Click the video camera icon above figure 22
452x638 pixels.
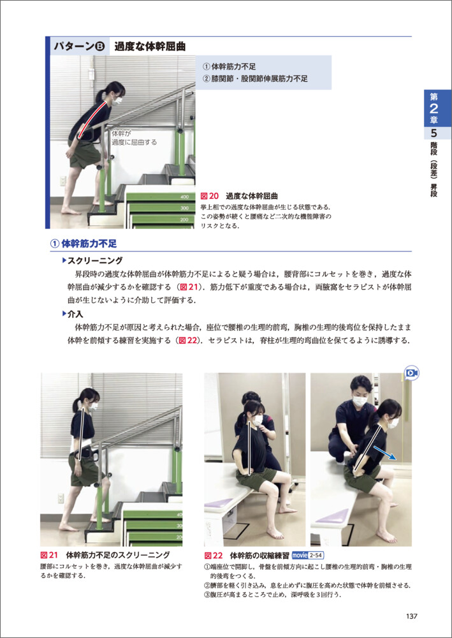click(x=412, y=373)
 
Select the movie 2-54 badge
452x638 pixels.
click(x=309, y=556)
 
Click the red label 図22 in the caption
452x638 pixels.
click(x=214, y=556)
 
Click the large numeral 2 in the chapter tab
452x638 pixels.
click(x=434, y=108)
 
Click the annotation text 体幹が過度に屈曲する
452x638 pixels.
click(x=134, y=138)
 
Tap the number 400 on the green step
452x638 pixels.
click(x=184, y=197)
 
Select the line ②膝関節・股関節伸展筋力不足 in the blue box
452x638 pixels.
click(x=255, y=79)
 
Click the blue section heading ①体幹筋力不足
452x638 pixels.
click(x=84, y=244)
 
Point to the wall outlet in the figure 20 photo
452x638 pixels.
click(x=63, y=181)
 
